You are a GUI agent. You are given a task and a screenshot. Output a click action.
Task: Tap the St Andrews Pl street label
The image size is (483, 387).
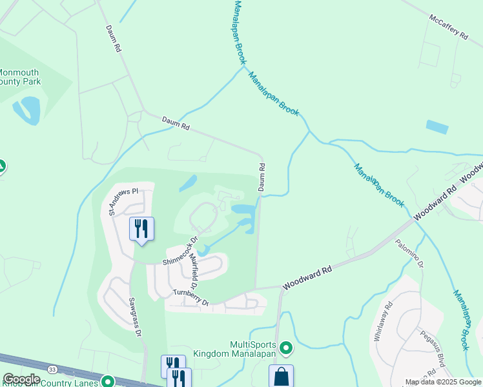123,201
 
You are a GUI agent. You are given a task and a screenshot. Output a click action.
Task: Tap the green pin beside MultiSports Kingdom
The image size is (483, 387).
286,349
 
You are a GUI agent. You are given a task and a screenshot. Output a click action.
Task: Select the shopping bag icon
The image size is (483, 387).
281,377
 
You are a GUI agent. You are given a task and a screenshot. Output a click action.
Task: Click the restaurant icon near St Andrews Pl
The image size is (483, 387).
141,228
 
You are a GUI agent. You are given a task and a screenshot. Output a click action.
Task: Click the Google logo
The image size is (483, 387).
21,379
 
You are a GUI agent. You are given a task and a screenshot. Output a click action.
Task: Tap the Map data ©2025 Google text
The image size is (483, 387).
443,382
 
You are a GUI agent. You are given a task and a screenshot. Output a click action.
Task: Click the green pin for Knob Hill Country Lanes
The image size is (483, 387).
108,382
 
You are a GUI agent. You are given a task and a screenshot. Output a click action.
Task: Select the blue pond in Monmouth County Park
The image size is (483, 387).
28,110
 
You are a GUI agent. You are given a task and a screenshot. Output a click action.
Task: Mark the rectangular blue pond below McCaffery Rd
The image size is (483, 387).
437,126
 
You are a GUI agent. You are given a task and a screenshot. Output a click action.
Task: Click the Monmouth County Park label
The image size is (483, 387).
19,77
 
